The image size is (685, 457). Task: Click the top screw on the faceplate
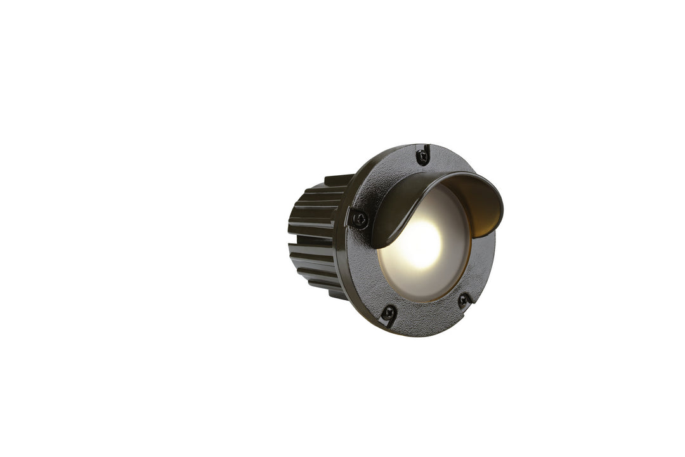click(422, 156)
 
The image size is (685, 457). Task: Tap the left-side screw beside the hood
click(360, 220)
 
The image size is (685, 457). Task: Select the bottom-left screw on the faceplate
click(388, 313)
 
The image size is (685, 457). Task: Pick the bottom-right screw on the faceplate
click(464, 299)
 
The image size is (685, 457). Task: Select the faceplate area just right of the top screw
click(444, 159)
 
